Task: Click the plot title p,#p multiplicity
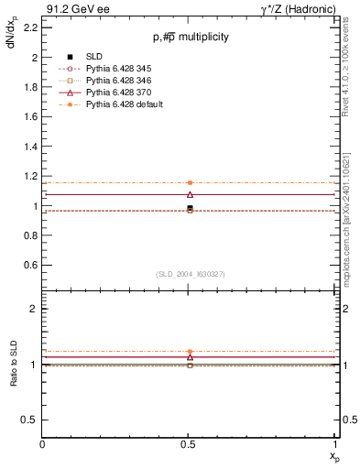click(x=190, y=37)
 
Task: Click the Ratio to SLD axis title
click(x=14, y=377)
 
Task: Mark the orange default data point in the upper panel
click(x=190, y=183)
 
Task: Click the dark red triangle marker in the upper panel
click(x=190, y=194)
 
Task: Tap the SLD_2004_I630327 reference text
click(x=190, y=274)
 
